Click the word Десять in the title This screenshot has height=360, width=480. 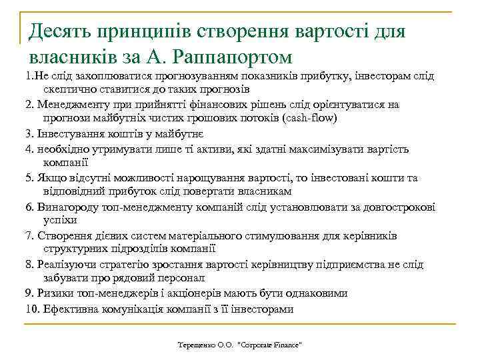click(x=59, y=31)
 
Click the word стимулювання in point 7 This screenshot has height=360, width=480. click(x=293, y=236)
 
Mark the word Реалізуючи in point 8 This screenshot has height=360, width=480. click(x=66, y=265)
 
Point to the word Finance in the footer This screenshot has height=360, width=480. click(x=285, y=345)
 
